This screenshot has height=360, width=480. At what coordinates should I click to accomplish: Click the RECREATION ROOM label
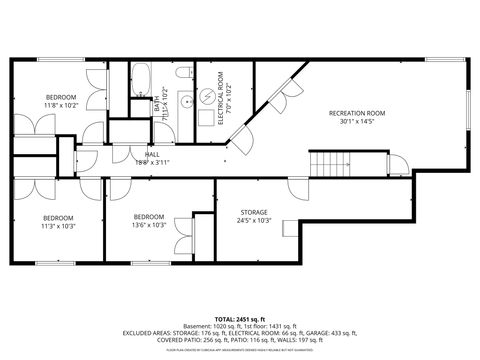pos(357,113)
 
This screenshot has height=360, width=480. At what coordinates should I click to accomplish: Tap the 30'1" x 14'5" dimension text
pos(357,123)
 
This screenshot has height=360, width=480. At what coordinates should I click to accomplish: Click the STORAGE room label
pos(254,212)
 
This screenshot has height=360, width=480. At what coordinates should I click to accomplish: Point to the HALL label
pos(152,154)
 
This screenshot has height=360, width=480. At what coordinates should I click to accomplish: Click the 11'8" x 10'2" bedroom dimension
pos(59,104)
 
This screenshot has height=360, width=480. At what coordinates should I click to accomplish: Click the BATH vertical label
pos(158,103)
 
